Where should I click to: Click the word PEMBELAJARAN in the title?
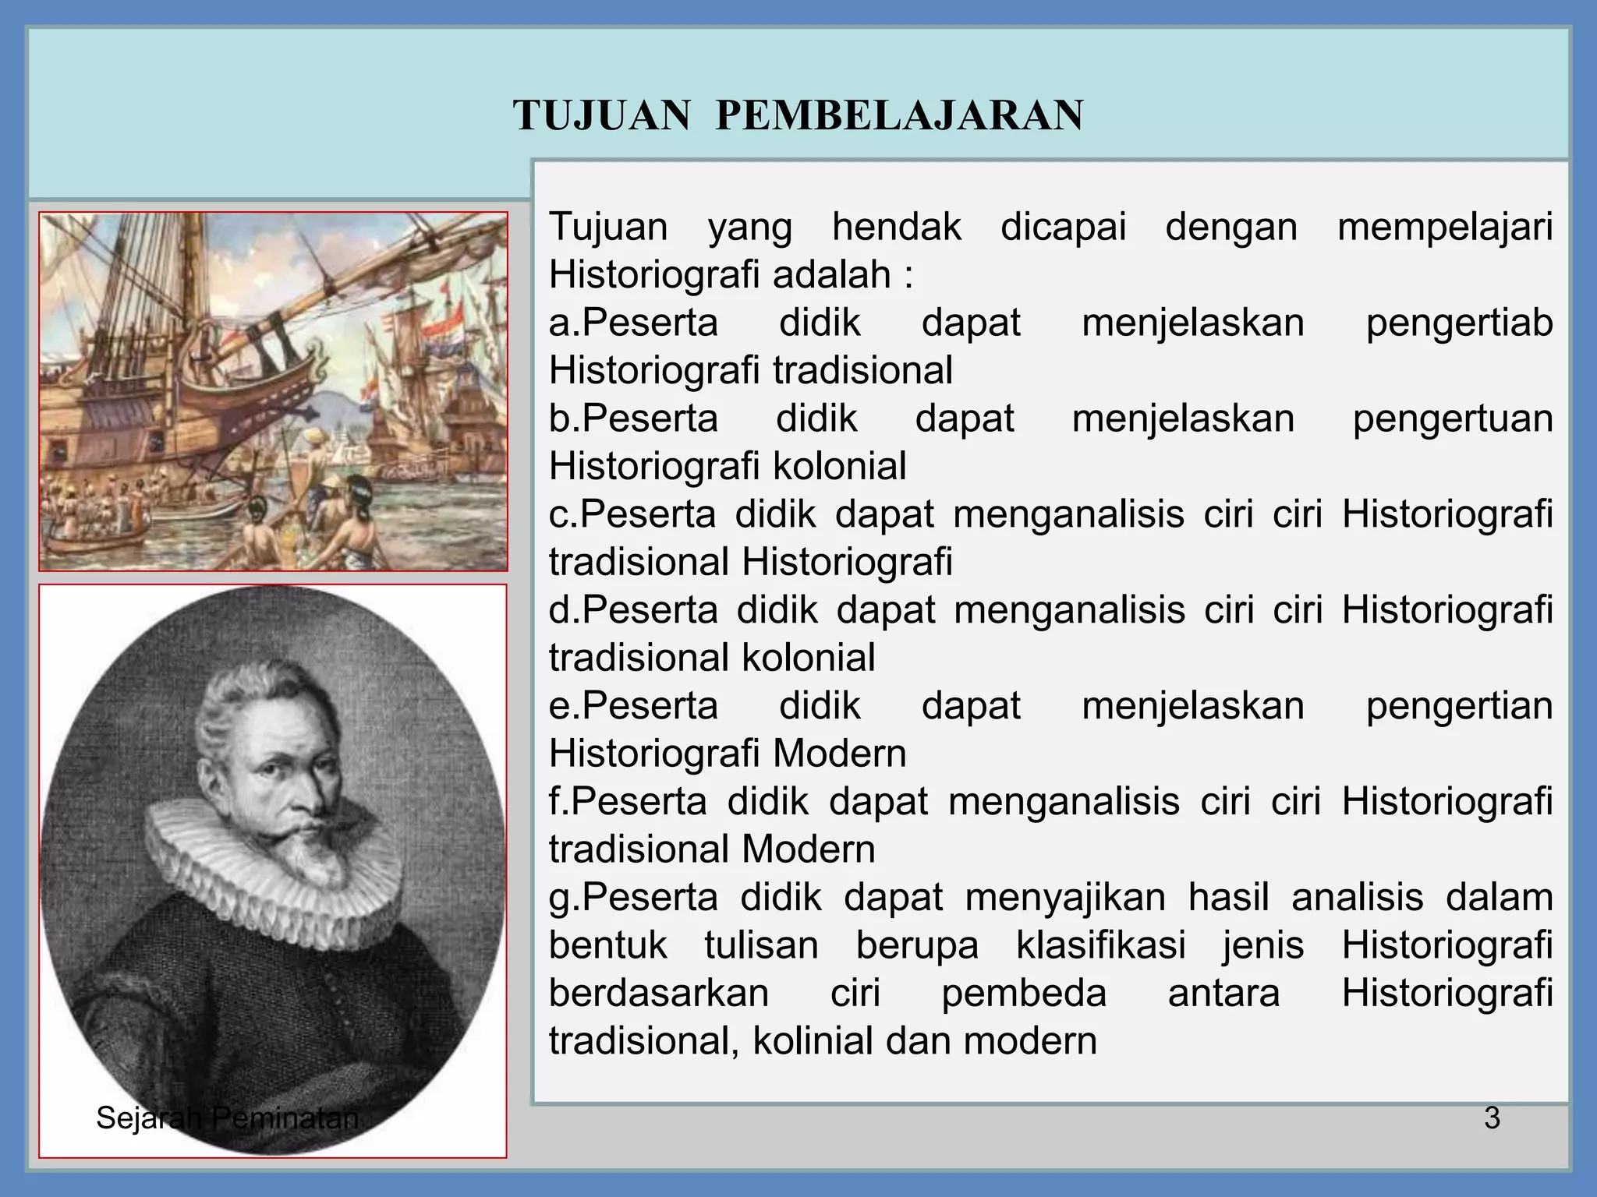click(899, 115)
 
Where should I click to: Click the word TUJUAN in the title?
click(602, 115)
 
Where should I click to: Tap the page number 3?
click(1492, 1118)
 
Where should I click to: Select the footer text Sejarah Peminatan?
click(227, 1118)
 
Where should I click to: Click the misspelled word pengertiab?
click(1459, 323)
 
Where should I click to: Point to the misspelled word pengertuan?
click(1453, 418)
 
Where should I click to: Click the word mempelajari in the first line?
click(1445, 227)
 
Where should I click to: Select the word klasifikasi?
click(1101, 945)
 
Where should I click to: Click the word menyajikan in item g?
click(1065, 897)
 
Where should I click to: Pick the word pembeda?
click(1024, 994)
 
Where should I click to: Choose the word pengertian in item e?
click(1459, 706)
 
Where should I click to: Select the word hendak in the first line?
click(897, 227)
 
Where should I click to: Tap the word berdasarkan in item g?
click(659, 994)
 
